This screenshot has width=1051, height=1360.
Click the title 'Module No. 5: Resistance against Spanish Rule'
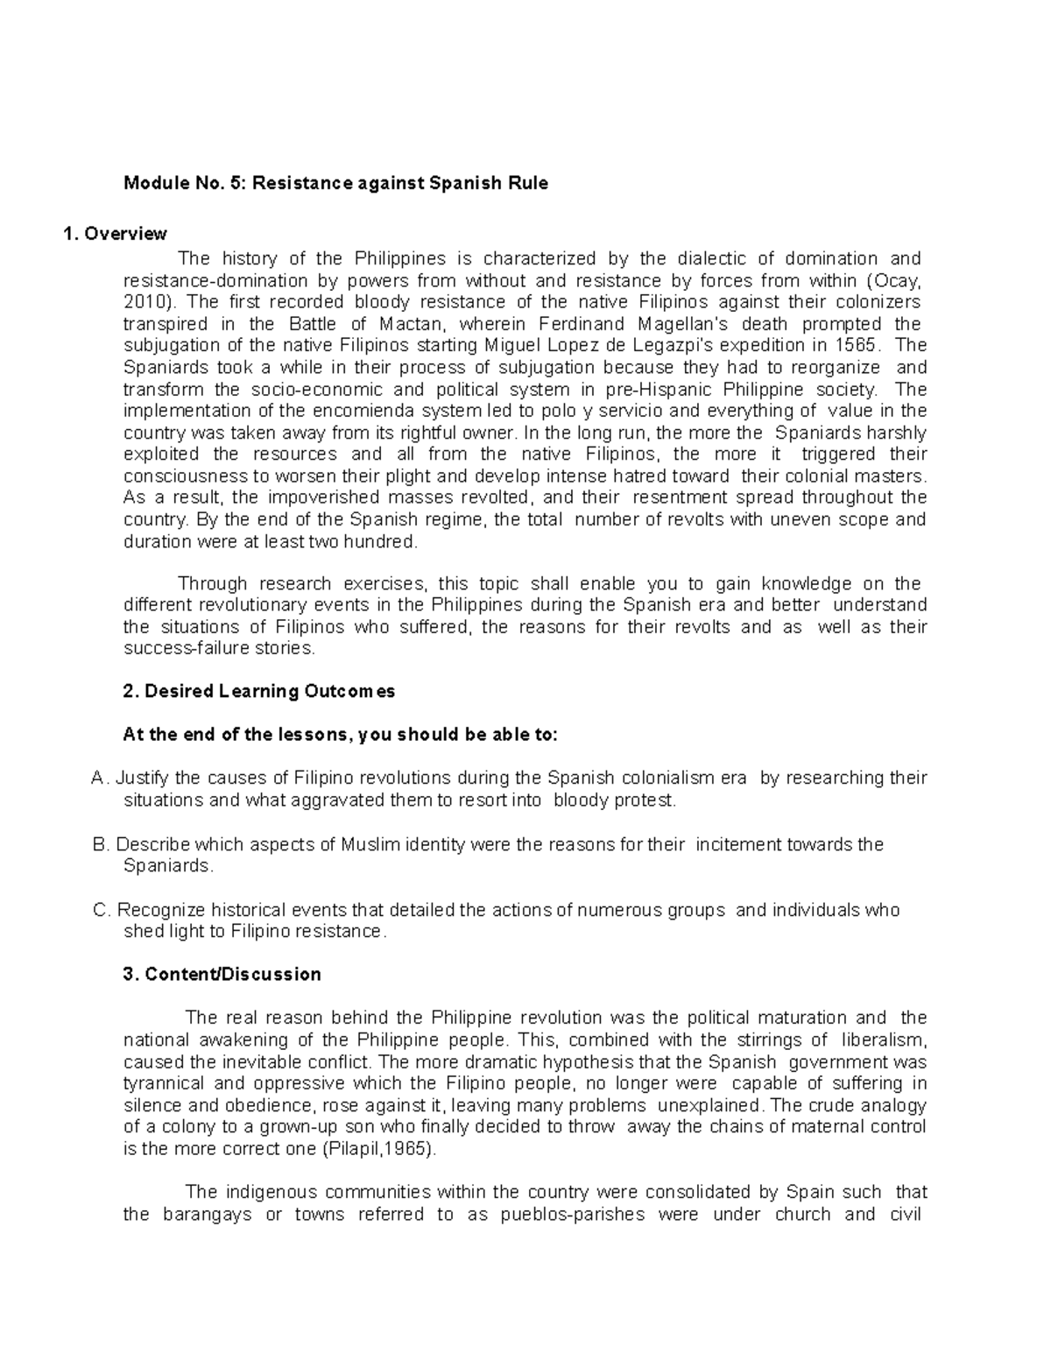pyautogui.click(x=335, y=184)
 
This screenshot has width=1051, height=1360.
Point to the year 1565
pyautogui.click(x=855, y=346)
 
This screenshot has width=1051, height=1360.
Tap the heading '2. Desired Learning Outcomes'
pyautogui.click(x=259, y=692)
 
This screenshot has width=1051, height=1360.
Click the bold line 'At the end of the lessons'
pyautogui.click(x=340, y=736)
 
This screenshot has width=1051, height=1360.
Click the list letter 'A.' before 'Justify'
pyautogui.click(x=101, y=779)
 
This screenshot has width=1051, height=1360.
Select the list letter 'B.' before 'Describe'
pyautogui.click(x=101, y=845)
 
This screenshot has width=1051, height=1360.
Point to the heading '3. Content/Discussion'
pyautogui.click(x=222, y=975)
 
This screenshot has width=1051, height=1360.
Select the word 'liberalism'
pyautogui.click(x=883, y=1040)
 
